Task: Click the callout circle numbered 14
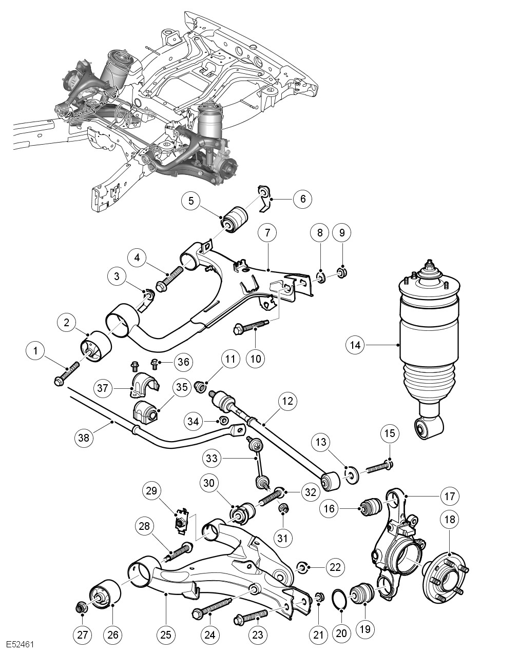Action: (355, 345)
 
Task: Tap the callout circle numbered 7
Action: (267, 233)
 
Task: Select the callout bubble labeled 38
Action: (84, 438)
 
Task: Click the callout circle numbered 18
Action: (450, 520)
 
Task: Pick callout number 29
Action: (152, 491)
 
